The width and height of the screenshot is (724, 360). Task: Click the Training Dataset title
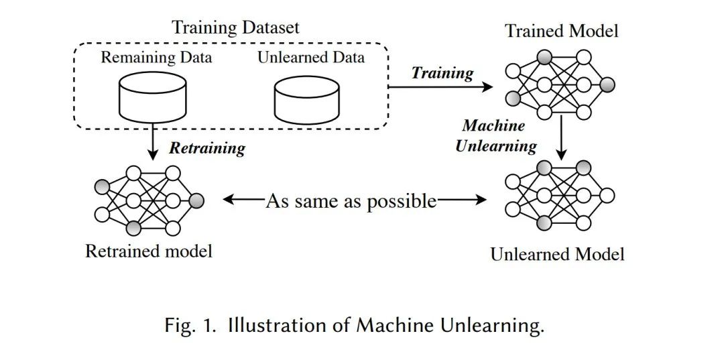point(235,27)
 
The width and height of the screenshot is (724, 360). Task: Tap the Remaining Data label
point(156,57)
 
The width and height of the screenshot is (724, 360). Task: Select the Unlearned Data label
point(311,57)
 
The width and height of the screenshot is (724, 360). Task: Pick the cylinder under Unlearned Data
point(308,99)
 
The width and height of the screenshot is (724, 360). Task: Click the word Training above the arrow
point(442,72)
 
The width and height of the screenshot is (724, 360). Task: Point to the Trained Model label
point(562,31)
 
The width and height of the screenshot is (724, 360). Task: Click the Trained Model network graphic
point(560,85)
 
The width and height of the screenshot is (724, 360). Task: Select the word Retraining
point(206,147)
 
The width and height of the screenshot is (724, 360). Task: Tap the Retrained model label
point(149,251)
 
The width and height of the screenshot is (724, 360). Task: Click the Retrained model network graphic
point(149,200)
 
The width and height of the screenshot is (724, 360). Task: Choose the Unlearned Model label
point(557,255)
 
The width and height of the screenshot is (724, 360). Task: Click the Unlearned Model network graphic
point(560,195)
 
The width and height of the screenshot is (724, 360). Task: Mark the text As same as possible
point(351,200)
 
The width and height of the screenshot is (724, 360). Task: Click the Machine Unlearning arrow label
point(496,135)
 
